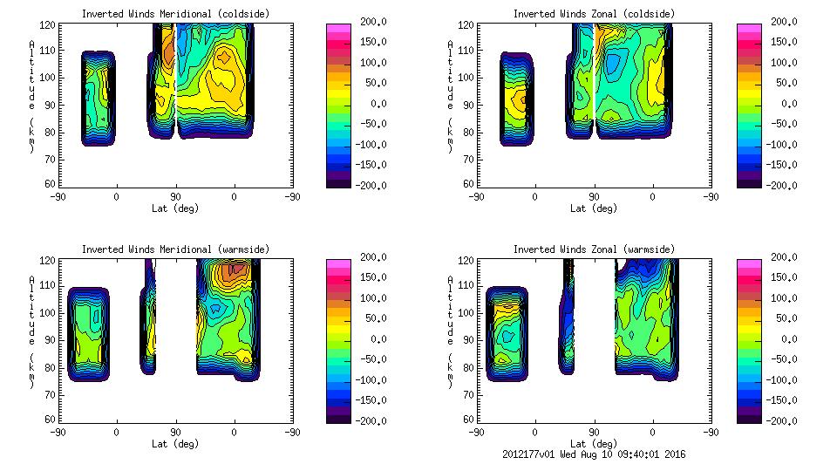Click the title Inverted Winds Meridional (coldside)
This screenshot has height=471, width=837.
[x=175, y=14]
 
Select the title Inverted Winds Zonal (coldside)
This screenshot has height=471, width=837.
[x=594, y=14]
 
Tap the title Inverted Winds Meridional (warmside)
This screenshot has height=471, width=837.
[x=175, y=249]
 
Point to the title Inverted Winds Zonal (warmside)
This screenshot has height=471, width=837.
[x=594, y=249]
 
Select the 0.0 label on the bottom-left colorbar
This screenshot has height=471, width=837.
[x=375, y=339]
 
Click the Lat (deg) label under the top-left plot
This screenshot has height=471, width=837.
[x=175, y=208]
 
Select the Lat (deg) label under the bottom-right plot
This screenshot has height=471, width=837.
[x=594, y=443]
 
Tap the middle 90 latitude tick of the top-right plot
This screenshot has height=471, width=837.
[x=594, y=197]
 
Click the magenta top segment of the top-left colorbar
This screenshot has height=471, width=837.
[x=337, y=28]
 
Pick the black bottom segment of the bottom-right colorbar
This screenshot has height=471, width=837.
[x=749, y=416]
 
